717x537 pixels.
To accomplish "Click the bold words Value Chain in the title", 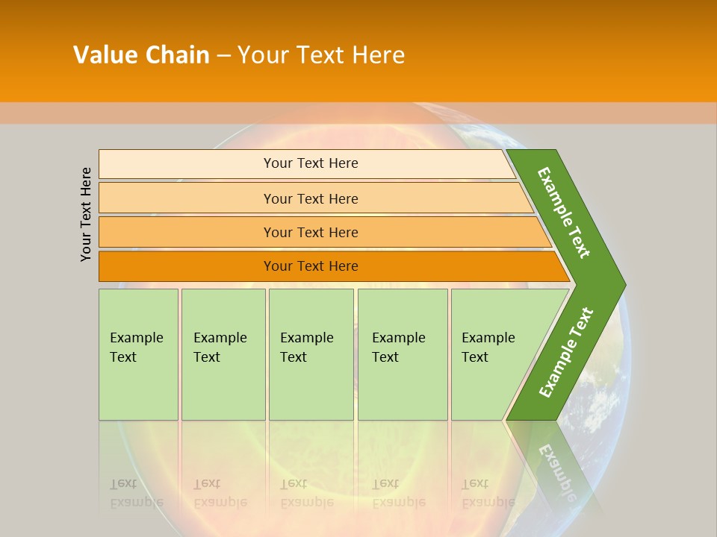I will pyautogui.click(x=141, y=55).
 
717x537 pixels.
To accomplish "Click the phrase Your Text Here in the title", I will pyautogui.click(x=321, y=55).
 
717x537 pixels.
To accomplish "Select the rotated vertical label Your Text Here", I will pyautogui.click(x=86, y=214).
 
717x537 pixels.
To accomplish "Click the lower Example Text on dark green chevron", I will pyautogui.click(x=566, y=353).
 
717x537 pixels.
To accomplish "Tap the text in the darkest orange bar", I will pyautogui.click(x=311, y=266).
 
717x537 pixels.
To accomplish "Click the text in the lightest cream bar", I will pyautogui.click(x=311, y=163).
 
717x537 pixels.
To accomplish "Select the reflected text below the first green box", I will pyautogui.click(x=136, y=493).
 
